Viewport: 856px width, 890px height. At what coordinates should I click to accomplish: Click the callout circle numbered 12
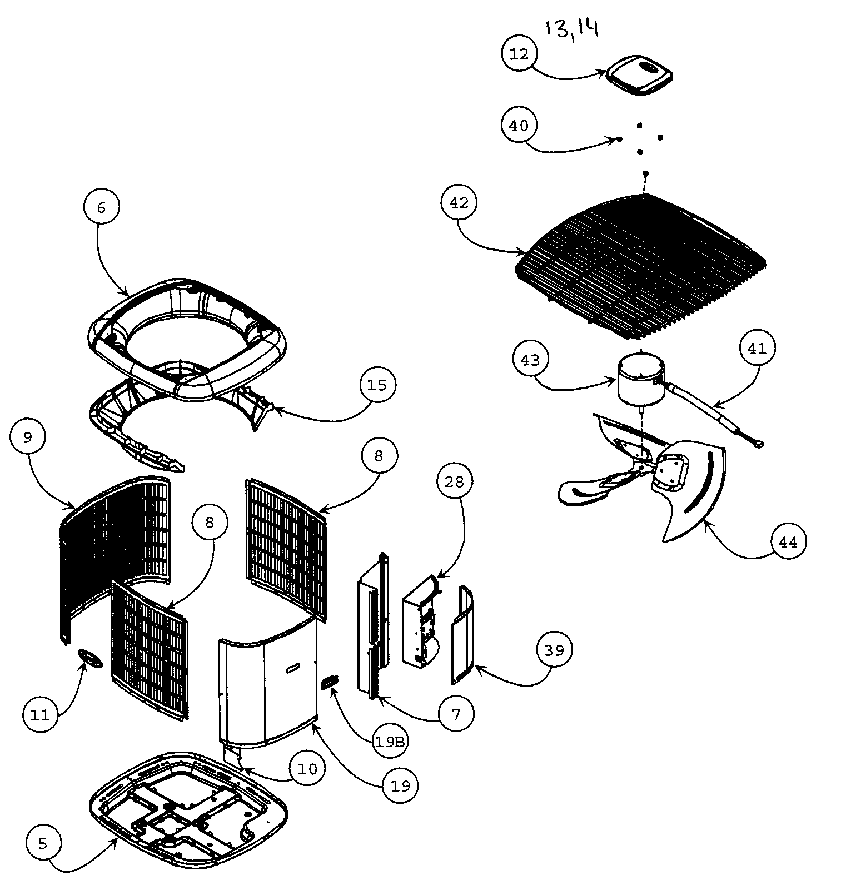[x=519, y=54]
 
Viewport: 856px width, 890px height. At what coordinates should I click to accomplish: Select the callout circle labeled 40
[x=519, y=126]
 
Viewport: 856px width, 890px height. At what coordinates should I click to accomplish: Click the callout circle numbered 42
[x=459, y=203]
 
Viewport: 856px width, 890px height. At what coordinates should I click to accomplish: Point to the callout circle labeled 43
[x=530, y=360]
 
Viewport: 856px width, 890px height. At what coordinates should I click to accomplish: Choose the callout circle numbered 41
[x=757, y=349]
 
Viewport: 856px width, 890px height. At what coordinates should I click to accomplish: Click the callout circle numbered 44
[x=788, y=541]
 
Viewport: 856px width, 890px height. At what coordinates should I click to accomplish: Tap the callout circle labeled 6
[x=101, y=207]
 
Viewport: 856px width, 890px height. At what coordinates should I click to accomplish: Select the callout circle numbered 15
[x=377, y=385]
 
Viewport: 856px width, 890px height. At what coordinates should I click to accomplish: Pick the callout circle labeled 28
[x=454, y=481]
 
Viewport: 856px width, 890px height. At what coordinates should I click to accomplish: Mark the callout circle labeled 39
[x=554, y=650]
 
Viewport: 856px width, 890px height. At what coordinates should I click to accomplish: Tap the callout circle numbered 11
[x=41, y=715]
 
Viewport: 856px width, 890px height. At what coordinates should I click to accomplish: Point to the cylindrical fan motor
[x=641, y=380]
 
